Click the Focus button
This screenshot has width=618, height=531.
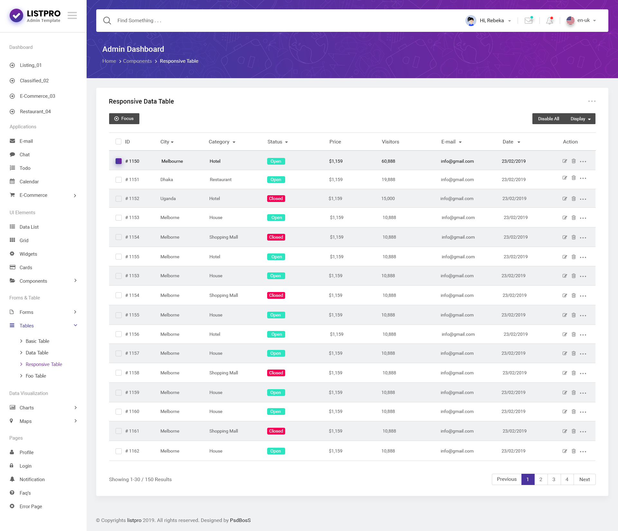pos(124,119)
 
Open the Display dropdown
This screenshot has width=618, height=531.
pos(580,119)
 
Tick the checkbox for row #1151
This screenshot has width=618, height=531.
pos(118,179)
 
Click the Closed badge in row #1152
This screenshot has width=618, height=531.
pos(276,198)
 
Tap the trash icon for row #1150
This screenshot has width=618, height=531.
pos(574,161)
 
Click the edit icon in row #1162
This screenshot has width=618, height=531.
pos(565,451)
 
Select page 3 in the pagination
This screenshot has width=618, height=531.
pos(554,479)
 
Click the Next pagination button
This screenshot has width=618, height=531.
pos(584,479)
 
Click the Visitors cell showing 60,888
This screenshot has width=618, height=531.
pos(388,161)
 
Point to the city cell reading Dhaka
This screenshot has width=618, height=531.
pos(166,179)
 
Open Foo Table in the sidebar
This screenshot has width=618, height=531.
pos(36,376)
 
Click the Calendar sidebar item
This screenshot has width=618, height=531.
pos(29,181)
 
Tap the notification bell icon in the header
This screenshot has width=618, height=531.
pos(549,21)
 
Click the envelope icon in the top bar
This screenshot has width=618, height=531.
pos(529,21)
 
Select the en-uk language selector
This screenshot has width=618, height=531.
pos(581,20)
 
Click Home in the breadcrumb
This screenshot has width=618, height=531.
pos(109,61)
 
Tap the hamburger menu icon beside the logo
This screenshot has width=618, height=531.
pos(72,15)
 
